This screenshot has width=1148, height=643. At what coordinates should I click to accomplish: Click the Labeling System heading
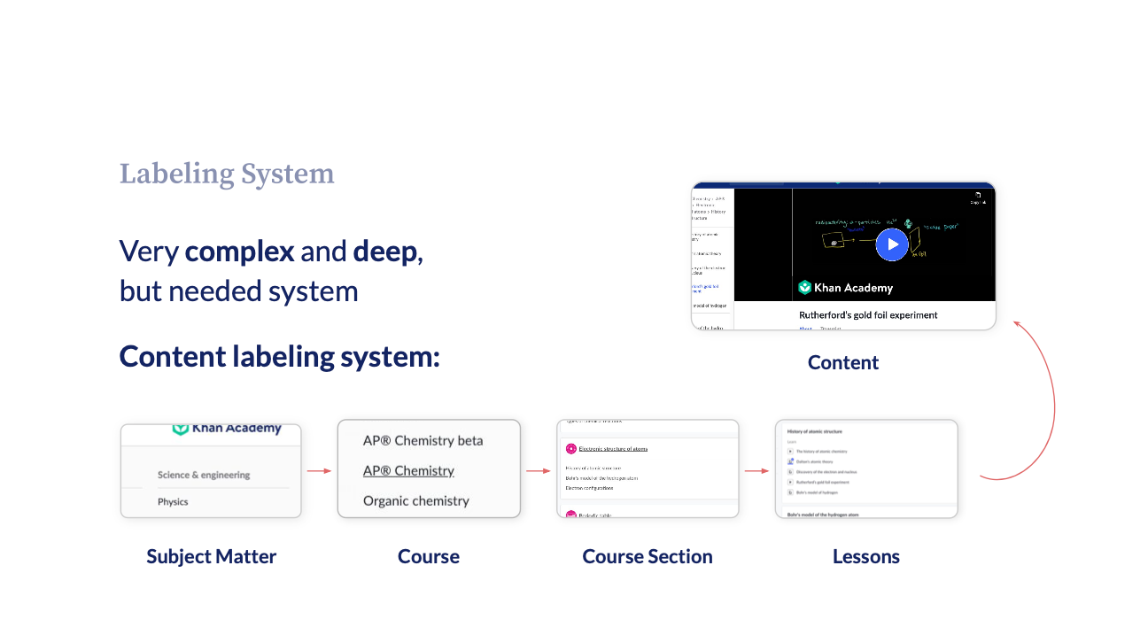click(x=227, y=174)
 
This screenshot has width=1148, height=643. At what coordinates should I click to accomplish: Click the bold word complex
click(x=239, y=252)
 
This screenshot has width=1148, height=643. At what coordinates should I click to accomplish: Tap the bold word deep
click(x=385, y=252)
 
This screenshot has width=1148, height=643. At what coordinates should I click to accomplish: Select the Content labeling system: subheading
click(x=279, y=356)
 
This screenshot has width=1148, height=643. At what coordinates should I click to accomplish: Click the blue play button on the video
click(x=892, y=244)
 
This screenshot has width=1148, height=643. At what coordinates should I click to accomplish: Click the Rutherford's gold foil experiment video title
click(x=868, y=314)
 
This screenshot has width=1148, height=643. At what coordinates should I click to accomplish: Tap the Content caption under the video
click(x=843, y=362)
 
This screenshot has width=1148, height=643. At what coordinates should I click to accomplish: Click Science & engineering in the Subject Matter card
click(x=204, y=475)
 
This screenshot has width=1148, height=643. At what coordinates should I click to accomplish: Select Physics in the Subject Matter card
click(x=173, y=501)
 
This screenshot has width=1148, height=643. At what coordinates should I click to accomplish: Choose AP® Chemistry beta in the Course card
click(x=423, y=440)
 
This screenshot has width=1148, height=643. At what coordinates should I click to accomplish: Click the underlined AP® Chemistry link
click(x=408, y=470)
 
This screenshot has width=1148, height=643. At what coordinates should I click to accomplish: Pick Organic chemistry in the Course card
click(x=415, y=500)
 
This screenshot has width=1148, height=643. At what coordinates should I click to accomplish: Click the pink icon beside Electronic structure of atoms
click(x=571, y=449)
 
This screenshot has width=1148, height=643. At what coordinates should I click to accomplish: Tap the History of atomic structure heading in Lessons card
click(x=814, y=431)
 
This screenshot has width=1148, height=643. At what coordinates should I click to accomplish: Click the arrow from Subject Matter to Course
click(x=319, y=471)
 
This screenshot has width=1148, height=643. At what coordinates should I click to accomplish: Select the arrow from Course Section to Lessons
click(x=756, y=471)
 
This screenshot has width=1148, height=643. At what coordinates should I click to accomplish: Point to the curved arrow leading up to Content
click(x=1050, y=399)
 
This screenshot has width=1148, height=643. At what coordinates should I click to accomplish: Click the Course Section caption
click(x=647, y=556)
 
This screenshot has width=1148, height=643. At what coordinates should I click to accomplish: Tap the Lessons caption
click(x=865, y=556)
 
